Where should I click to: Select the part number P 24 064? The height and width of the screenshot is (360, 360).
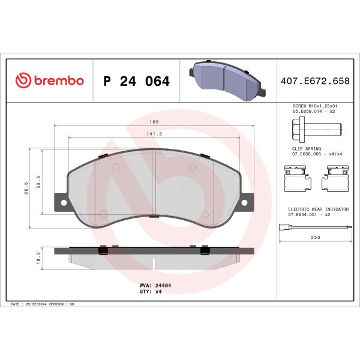point(136,81)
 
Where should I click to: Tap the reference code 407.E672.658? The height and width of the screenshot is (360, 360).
point(316,81)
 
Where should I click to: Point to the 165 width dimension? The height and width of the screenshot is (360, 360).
point(155,122)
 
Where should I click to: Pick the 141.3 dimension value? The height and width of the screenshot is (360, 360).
point(155,134)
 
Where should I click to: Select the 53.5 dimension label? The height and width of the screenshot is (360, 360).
point(38,182)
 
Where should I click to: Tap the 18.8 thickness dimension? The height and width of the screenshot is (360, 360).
point(38,257)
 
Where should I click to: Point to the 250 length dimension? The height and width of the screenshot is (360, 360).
point(316,237)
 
